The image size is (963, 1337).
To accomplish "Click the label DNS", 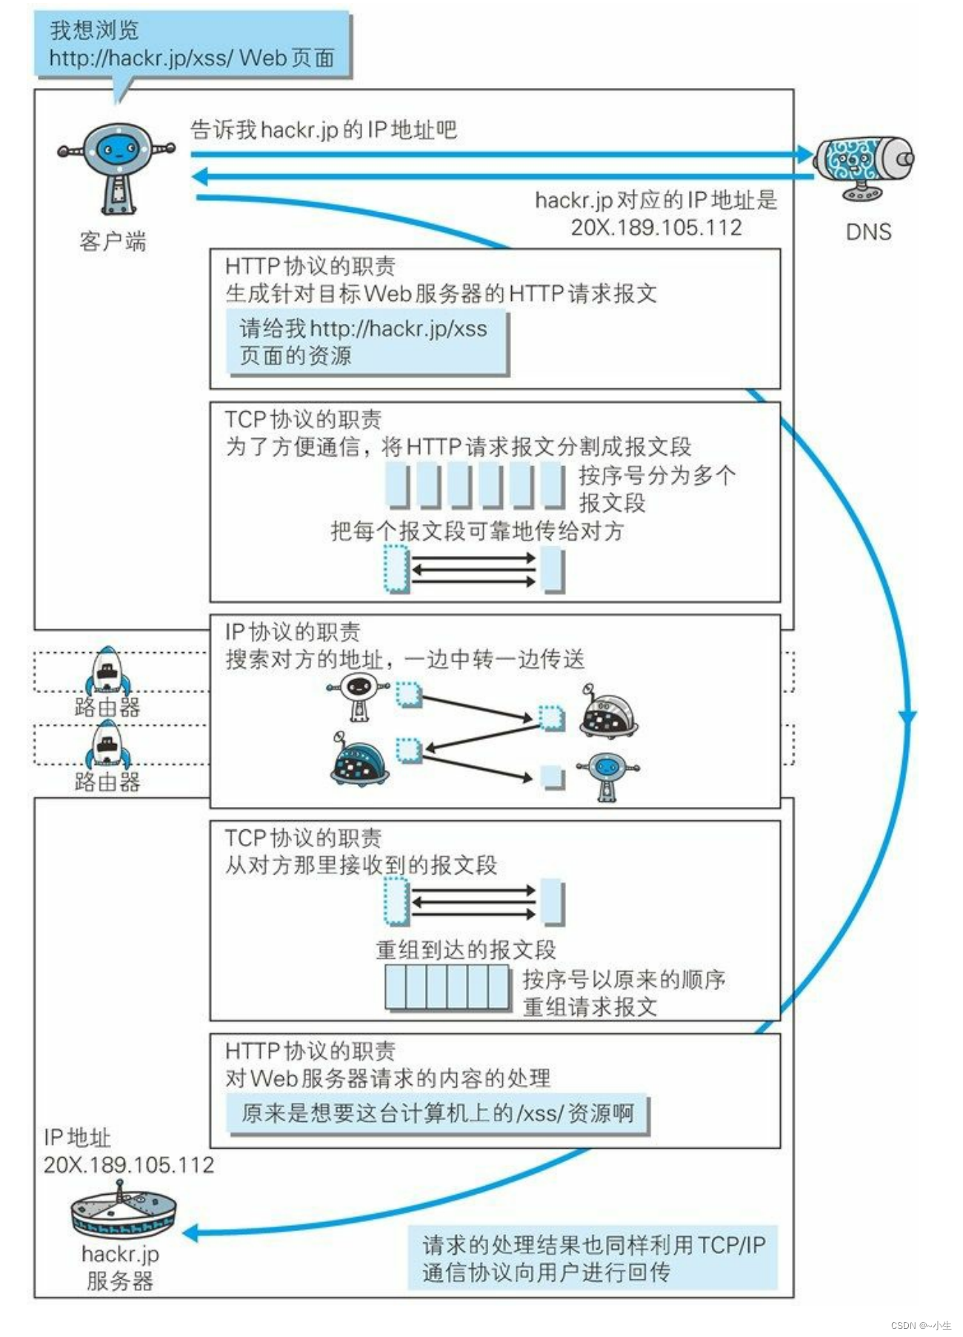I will point(868,232).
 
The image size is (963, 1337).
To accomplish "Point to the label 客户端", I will point(113,241).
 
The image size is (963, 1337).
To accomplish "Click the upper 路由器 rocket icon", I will point(107,670).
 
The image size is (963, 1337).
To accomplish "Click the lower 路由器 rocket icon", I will point(107,744).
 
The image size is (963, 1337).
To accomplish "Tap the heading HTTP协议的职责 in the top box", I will point(310,266).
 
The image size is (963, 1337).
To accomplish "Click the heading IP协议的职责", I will point(293,631).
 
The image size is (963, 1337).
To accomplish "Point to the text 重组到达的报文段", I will point(465,949).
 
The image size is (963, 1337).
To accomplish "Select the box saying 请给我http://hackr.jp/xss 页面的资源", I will point(367,342).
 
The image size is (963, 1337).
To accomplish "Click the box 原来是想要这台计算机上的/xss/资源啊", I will point(437,1113).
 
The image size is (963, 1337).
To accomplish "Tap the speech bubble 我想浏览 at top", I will point(192,44).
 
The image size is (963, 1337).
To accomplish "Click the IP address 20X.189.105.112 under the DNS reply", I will point(656,228).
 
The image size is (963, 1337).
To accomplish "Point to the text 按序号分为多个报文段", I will point(656,488).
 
